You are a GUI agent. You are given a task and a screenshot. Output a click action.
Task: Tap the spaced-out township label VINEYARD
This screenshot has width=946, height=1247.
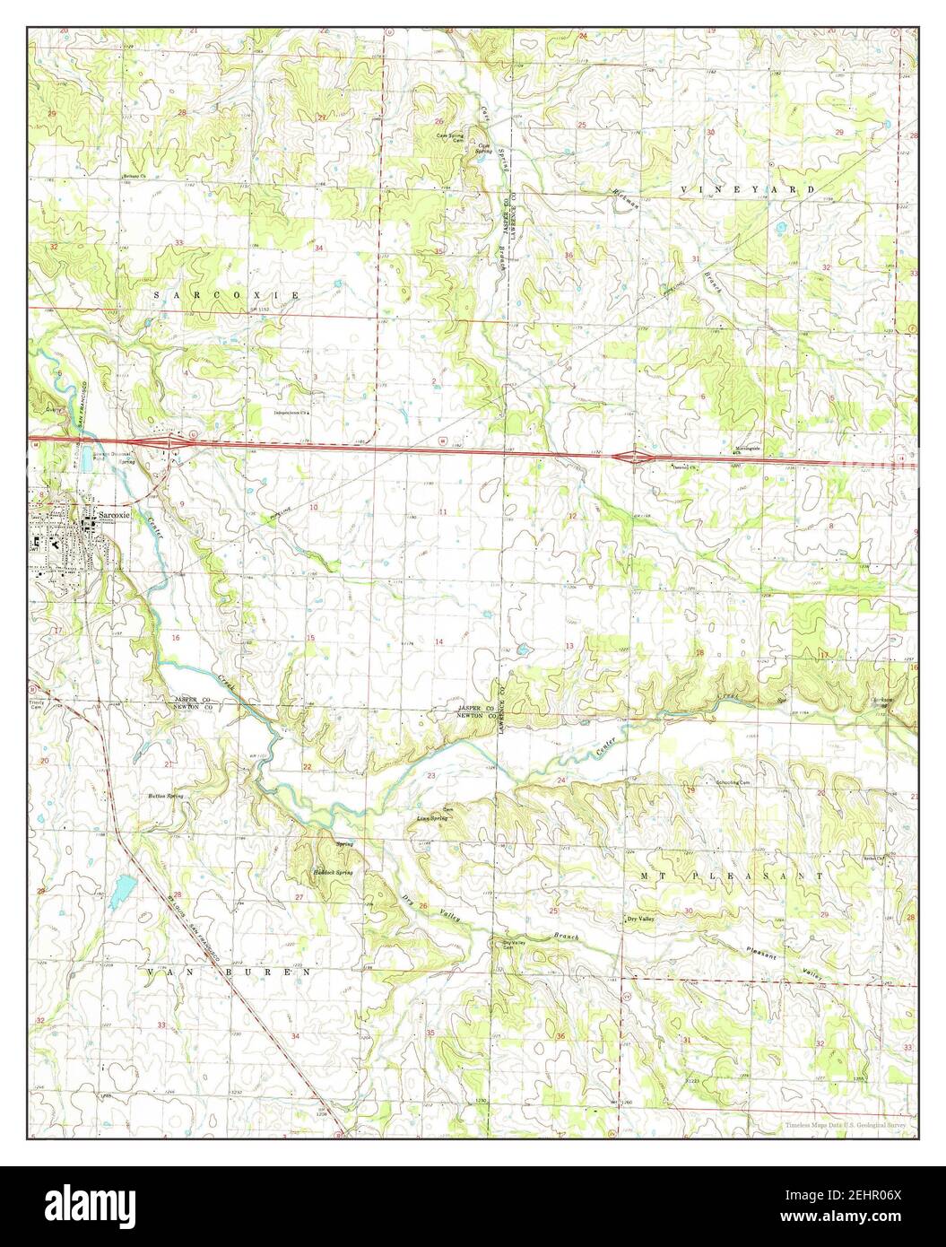748,190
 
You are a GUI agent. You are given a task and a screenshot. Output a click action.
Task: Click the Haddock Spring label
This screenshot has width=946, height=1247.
333,872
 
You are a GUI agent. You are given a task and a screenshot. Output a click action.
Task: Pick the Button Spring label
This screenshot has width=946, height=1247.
167,796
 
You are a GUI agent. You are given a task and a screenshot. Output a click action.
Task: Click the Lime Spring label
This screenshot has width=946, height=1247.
432,818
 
